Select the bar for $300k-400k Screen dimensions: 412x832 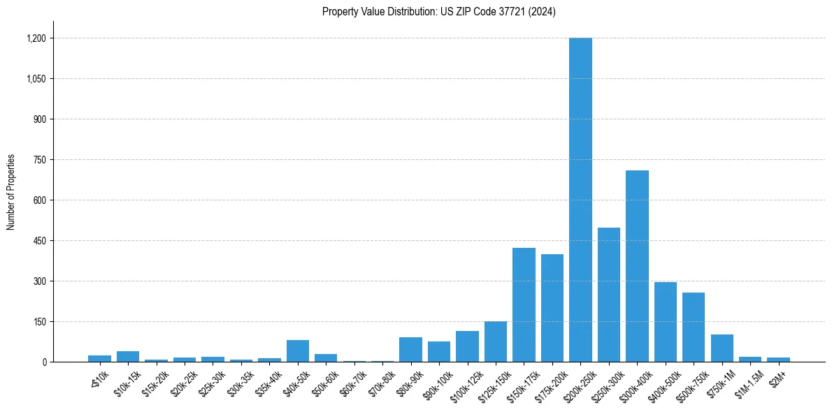(x=637, y=266)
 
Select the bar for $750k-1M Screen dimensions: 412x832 (x=722, y=348)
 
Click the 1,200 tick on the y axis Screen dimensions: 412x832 (x=36, y=38)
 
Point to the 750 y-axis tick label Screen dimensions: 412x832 (x=39, y=160)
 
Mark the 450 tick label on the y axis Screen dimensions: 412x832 (x=39, y=241)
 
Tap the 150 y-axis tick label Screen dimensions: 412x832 (x=39, y=322)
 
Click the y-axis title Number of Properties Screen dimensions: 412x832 (x=11, y=192)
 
